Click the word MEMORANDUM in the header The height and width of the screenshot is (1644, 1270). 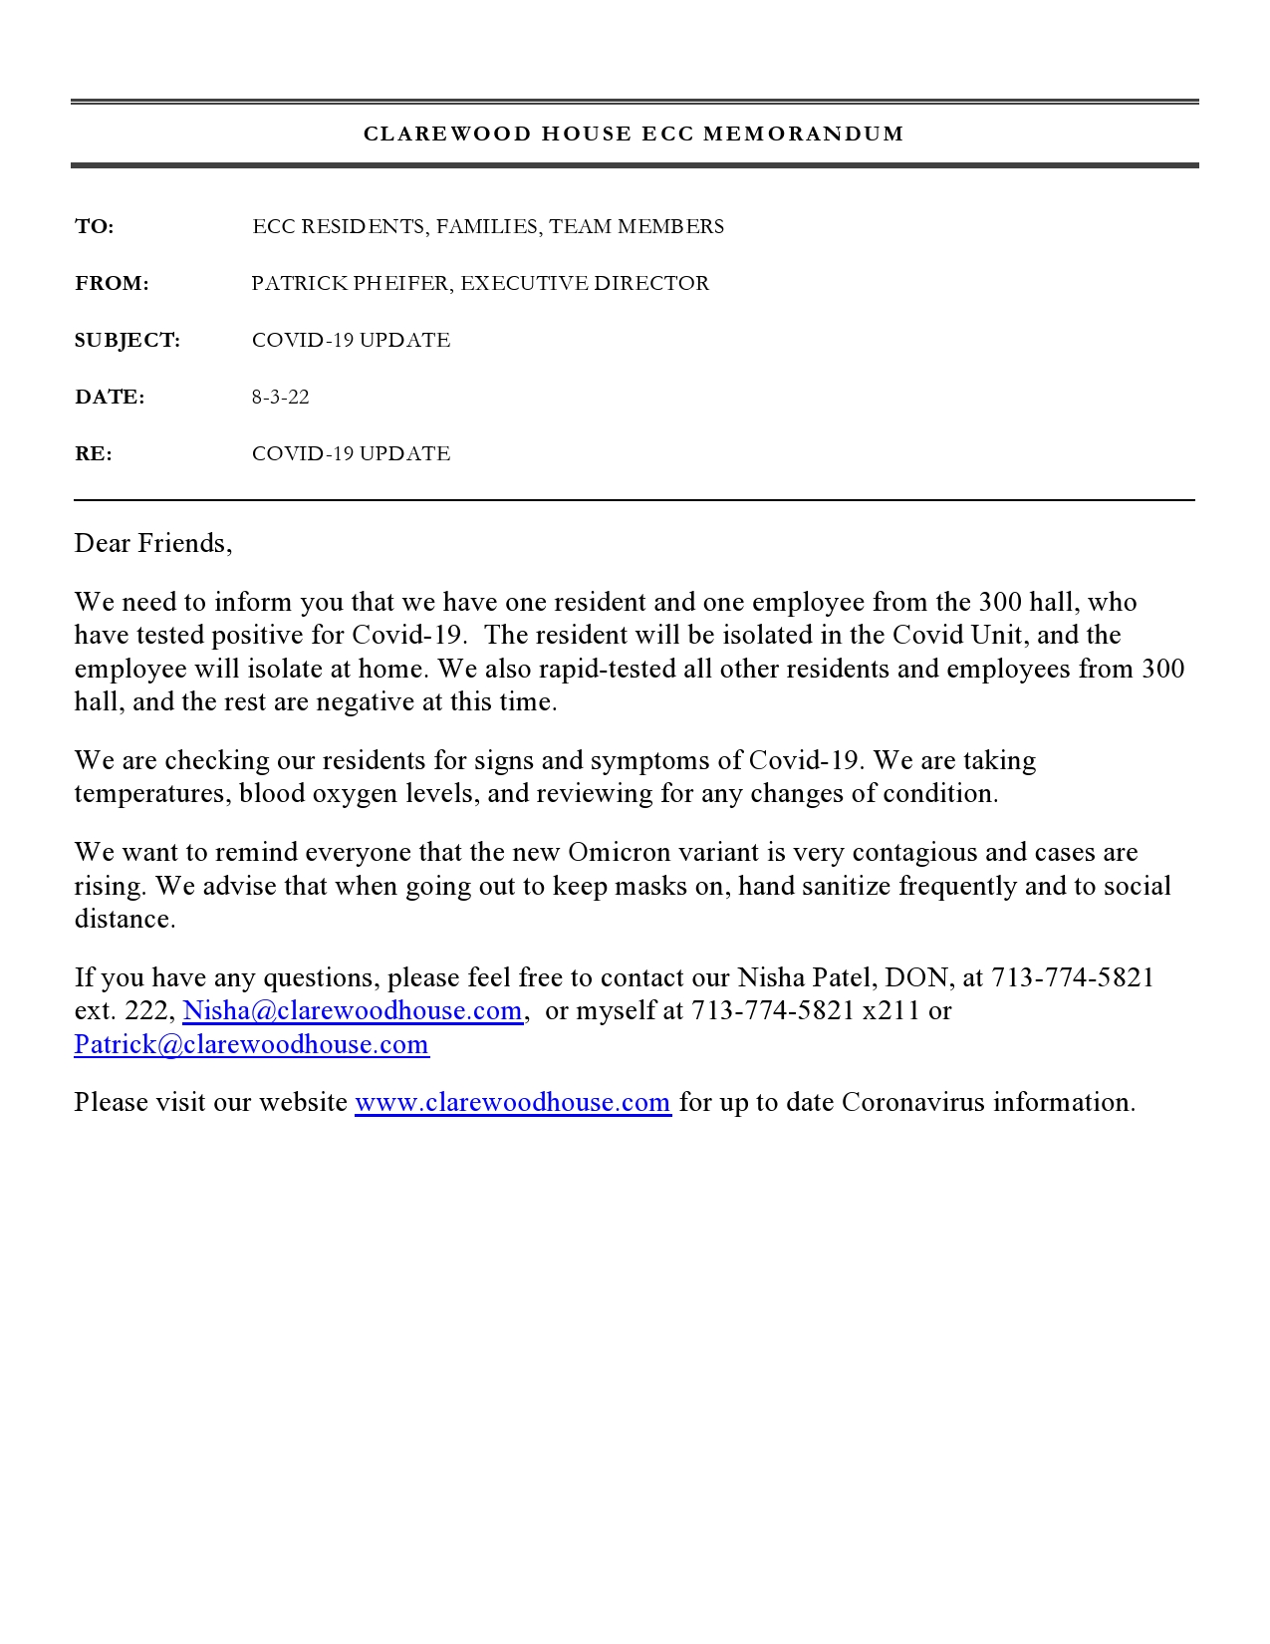(x=804, y=134)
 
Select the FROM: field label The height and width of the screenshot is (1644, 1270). (x=112, y=284)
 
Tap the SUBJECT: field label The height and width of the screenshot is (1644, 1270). (x=127, y=341)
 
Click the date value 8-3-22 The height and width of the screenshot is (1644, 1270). (x=280, y=398)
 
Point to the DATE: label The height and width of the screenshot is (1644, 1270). (x=110, y=398)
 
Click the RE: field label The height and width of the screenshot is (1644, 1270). (x=94, y=454)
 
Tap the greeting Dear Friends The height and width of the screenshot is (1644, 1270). (x=152, y=543)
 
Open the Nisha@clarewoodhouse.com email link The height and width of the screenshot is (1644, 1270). (x=353, y=1010)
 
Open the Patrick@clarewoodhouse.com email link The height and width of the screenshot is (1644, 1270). (x=252, y=1044)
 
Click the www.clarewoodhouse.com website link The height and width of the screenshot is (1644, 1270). (x=513, y=1102)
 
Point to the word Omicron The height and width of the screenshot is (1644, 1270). (x=614, y=852)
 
